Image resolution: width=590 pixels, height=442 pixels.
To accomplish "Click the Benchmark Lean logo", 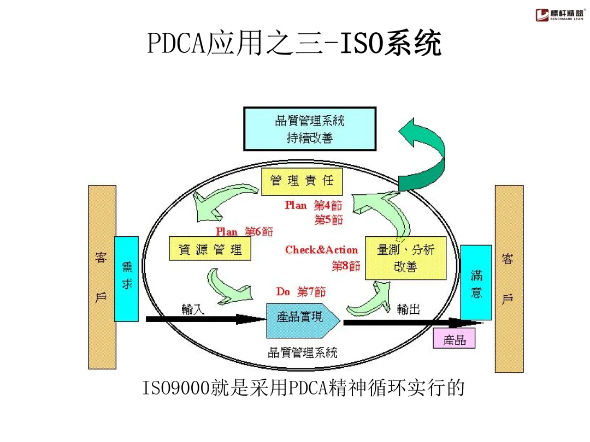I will point(558,15).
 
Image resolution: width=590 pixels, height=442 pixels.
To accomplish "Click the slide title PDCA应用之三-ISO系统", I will point(294,44).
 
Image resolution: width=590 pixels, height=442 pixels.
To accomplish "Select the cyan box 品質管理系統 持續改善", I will point(310,129).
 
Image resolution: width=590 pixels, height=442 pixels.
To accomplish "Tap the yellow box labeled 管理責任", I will point(302,181).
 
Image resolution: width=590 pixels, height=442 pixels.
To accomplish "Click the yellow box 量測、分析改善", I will point(405,258).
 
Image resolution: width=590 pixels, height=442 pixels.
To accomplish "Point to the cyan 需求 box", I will point(126,278).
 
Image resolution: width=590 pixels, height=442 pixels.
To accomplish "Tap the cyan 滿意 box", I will point(476,282).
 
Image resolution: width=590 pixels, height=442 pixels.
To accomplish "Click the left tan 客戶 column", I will point(102,277).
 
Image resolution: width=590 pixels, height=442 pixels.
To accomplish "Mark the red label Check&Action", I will point(321,250).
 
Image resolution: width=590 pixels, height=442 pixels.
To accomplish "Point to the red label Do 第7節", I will point(300,292).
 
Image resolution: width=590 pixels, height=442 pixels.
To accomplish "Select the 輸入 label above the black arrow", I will point(193,309).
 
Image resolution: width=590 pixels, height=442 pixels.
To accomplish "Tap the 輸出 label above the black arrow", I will point(409,309).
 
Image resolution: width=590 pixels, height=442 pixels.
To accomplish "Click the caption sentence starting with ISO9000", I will point(303,388).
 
